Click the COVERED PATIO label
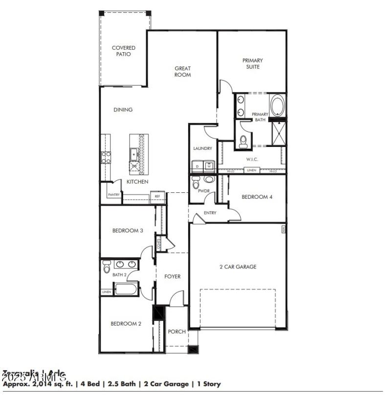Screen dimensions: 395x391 [x=123, y=51]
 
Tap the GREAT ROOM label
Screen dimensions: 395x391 [x=183, y=72]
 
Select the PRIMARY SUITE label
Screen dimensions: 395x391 [x=252, y=63]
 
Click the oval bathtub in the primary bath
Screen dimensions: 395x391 [x=277, y=105]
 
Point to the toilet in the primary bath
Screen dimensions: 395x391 [x=243, y=141]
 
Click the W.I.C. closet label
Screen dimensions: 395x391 [x=252, y=159]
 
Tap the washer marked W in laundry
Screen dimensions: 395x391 [x=209, y=166]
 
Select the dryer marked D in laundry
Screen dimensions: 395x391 [x=197, y=166]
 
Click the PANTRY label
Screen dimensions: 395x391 [x=113, y=194]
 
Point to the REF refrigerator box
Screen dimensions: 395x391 [x=157, y=196]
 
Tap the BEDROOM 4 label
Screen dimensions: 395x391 [x=258, y=197]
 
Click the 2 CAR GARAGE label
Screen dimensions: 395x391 [x=238, y=267]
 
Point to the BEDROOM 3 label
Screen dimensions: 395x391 [x=128, y=230]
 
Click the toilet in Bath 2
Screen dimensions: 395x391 [x=107, y=267]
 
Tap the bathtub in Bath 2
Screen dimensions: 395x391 [x=127, y=289]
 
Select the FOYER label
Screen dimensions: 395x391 [x=172, y=276]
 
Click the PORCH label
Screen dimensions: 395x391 [x=176, y=332]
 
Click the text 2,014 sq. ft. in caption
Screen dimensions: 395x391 [x=45, y=384]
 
